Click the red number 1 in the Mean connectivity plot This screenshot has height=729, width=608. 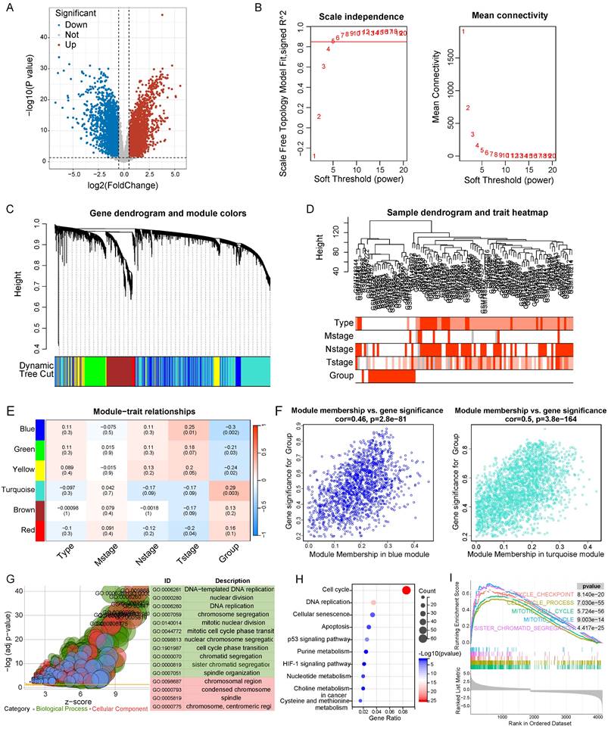[463, 32]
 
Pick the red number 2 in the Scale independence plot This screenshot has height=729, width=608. [319, 117]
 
